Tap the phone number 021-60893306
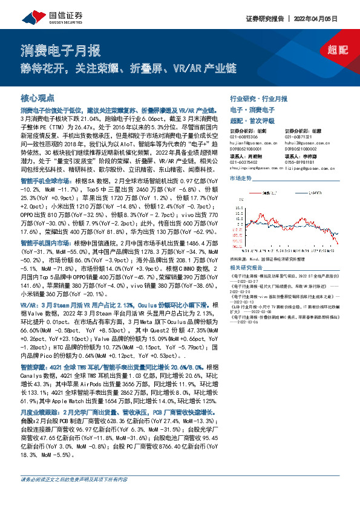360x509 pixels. [x=246, y=137]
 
